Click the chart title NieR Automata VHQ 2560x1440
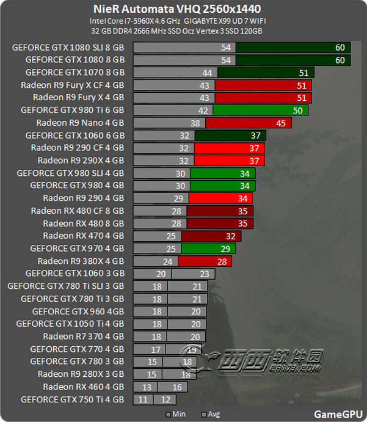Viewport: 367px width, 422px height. click(176, 9)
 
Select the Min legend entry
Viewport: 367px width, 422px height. click(177, 414)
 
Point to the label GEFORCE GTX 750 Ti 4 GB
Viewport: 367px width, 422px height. click(72, 399)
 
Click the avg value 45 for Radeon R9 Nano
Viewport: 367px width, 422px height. click(281, 123)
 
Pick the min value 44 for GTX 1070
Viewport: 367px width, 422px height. click(206, 72)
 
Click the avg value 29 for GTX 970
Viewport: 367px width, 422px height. click(225, 249)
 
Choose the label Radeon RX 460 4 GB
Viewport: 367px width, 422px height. click(83, 387)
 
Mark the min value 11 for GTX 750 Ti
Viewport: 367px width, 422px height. click(143, 399)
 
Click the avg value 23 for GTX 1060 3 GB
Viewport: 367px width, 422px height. click(203, 274)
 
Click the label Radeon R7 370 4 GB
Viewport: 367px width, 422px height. click(83, 337)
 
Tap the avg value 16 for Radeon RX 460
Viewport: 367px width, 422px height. click(176, 387)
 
